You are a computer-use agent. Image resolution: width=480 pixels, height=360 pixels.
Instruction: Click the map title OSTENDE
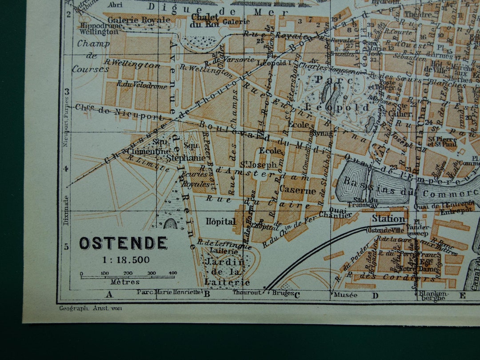click(123, 243)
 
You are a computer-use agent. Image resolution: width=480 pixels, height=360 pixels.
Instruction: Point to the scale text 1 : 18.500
click(123, 260)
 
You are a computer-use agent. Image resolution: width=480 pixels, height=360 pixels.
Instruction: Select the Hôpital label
click(220, 221)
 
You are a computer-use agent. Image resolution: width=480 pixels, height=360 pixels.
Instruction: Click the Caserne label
click(298, 191)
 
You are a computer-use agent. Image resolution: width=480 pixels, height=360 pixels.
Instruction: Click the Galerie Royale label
click(139, 20)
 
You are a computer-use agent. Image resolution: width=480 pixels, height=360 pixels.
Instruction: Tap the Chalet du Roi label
click(204, 20)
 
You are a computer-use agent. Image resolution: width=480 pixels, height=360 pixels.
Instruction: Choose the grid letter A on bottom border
click(109, 294)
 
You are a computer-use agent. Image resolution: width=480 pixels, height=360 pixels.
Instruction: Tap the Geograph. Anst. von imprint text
click(90, 308)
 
